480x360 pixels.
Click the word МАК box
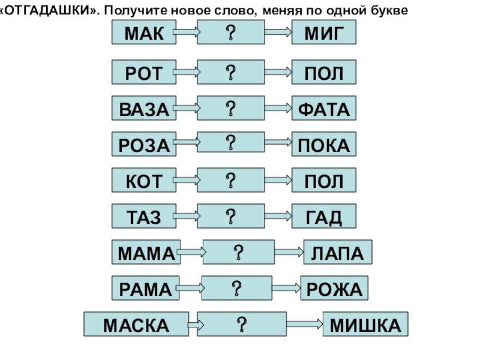pos(144,33)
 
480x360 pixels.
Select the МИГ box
pos(324,33)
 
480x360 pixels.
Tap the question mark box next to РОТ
pos(230,73)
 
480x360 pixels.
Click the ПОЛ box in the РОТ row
pos(324,73)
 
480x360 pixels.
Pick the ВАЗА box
pos(144,109)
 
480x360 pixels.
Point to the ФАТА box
pos(324,109)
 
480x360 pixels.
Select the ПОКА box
pos(324,144)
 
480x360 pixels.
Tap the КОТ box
pos(144,180)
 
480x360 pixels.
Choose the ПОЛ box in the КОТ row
pos(324,180)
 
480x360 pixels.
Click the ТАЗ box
pos(144,216)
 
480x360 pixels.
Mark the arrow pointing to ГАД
pos(278,216)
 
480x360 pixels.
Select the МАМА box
pos(145,252)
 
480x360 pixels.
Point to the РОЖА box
pos(334,289)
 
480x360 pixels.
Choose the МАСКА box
pos(136,325)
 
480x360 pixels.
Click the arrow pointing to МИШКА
pos(302,325)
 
